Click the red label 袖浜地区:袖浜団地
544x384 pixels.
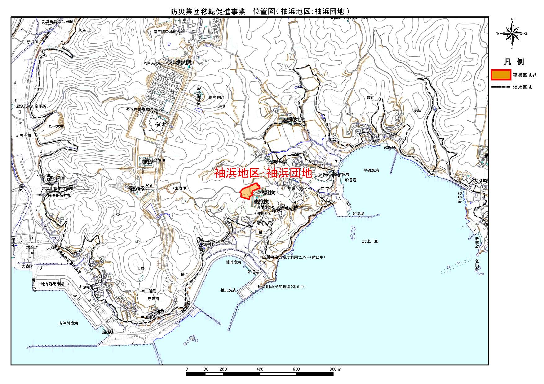coord(263,173)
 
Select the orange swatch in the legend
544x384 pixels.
coord(501,75)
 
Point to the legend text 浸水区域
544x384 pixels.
coord(522,87)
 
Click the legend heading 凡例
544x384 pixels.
coord(514,62)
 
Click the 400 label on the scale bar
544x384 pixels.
coord(260,369)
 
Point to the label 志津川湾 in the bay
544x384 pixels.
coord(369,241)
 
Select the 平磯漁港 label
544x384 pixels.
coord(371,170)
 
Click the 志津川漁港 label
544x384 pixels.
coord(68,323)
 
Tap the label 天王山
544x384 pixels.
coord(84,31)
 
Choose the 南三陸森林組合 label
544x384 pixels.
coord(167,32)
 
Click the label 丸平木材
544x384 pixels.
coord(56,127)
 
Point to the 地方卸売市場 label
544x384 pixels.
coord(52,284)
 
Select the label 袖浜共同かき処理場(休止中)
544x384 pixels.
coord(281,287)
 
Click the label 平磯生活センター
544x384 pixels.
coord(299,188)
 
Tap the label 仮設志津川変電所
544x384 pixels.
coord(31,106)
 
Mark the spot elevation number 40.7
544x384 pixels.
coord(350,114)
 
